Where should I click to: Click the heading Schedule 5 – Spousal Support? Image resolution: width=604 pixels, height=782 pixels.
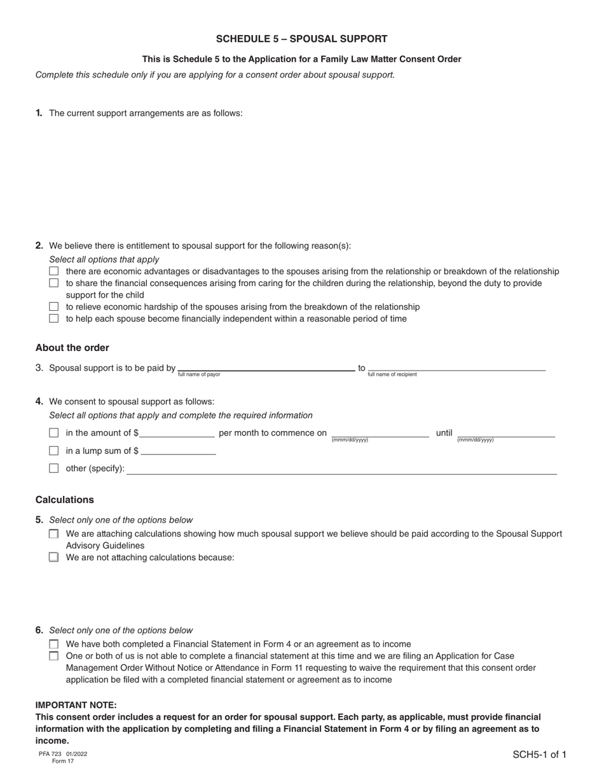click(x=301, y=39)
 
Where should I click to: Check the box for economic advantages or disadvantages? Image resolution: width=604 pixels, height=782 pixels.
click(x=54, y=271)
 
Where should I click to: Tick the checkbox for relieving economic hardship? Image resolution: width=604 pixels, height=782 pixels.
click(x=54, y=307)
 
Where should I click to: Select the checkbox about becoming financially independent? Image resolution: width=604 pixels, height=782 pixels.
click(x=54, y=319)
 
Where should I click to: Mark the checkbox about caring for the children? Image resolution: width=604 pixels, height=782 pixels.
click(x=54, y=283)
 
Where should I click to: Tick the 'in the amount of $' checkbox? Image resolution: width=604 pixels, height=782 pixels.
click(x=54, y=433)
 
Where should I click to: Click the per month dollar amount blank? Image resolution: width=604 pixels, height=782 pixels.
click(x=177, y=433)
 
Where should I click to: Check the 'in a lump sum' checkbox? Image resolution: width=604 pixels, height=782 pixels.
click(x=54, y=451)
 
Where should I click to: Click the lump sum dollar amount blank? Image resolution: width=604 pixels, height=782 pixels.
click(x=178, y=451)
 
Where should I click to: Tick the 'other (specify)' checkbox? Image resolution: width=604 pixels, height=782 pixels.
click(x=54, y=469)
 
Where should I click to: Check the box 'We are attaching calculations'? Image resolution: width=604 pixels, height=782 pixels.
click(x=54, y=534)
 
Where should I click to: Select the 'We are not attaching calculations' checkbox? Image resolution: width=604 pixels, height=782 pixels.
click(x=54, y=558)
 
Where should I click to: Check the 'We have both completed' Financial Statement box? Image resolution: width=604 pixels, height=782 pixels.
click(x=54, y=644)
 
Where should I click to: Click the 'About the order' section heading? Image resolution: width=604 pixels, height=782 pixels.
click(x=72, y=348)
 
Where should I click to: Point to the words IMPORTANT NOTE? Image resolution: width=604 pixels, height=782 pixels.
click(x=76, y=705)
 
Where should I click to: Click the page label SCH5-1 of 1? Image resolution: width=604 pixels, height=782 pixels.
click(x=539, y=755)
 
